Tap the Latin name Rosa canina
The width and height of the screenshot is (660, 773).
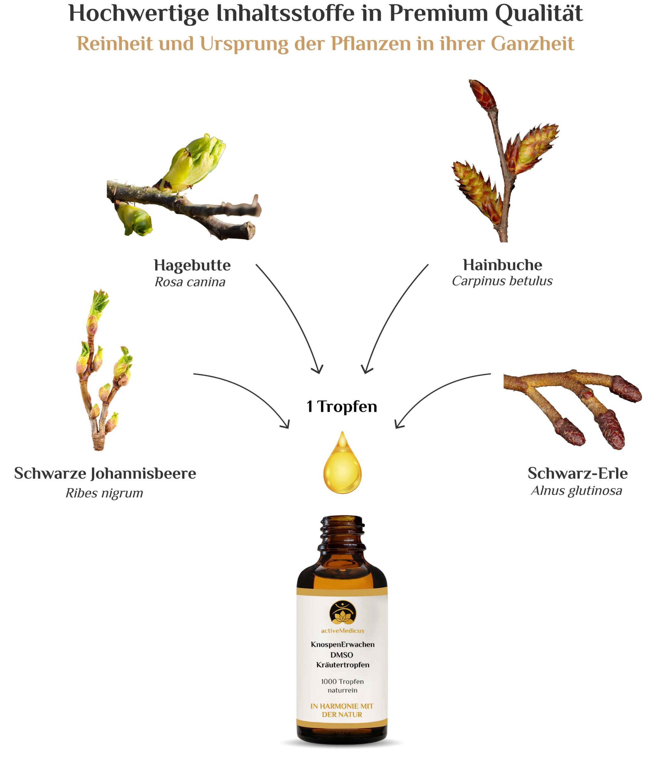[x=190, y=282]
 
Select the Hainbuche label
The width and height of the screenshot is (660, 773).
[x=502, y=265]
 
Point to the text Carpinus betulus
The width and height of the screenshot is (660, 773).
[x=502, y=281]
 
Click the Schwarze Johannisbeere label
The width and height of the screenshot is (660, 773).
[x=105, y=473]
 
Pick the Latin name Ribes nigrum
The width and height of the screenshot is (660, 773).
[x=104, y=493]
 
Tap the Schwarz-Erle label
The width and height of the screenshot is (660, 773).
[x=578, y=473]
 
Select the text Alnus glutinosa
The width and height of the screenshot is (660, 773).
[x=576, y=491]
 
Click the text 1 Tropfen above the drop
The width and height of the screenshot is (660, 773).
[x=342, y=407]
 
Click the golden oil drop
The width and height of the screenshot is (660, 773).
[x=342, y=463]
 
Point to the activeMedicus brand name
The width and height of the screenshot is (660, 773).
[x=342, y=631]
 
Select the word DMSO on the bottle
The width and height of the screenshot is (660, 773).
[x=342, y=655]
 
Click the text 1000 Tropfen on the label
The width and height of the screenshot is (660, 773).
[x=342, y=682]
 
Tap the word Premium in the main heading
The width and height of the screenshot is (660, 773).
[x=438, y=14]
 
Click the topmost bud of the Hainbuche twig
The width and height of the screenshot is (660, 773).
[x=483, y=95]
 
